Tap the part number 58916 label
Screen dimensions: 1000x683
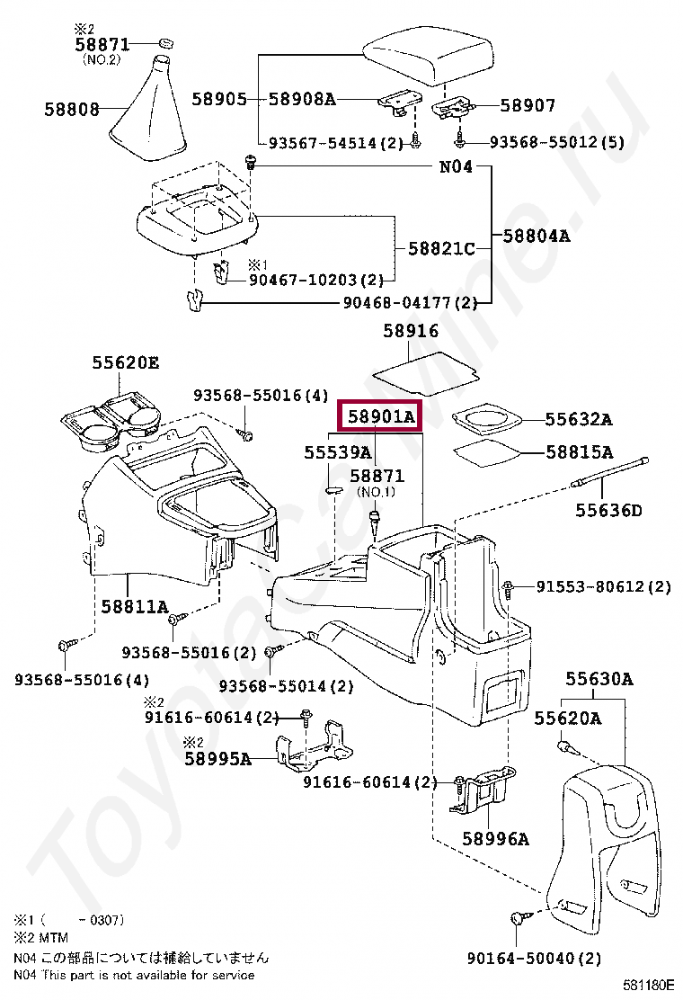[x=411, y=331]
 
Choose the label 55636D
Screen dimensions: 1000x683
[x=609, y=511]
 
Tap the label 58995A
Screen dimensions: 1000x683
[x=217, y=758]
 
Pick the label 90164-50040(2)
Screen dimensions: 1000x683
[x=534, y=958]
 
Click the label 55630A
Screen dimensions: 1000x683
[x=598, y=679]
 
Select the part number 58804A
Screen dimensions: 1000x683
[x=537, y=237]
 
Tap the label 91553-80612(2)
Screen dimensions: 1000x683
[x=604, y=587]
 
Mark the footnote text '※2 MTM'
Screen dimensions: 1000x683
[x=40, y=938]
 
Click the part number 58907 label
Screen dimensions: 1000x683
[x=528, y=106]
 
